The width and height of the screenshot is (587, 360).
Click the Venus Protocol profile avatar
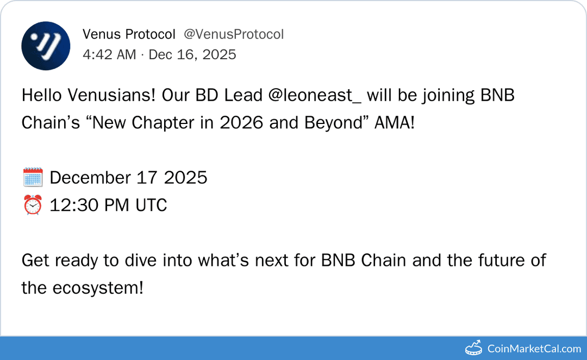[46, 46]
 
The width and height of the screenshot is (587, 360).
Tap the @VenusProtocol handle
[234, 35]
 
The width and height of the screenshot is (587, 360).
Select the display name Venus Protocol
[129, 35]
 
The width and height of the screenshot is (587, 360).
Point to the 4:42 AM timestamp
[109, 54]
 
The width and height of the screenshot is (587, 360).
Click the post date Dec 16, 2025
[192, 54]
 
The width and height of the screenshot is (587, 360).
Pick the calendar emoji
[33, 178]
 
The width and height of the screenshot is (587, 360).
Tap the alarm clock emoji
[33, 206]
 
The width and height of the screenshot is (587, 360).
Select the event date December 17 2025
[128, 178]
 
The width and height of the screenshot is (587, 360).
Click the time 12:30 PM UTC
[108, 206]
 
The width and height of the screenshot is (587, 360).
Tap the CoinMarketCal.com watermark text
[534, 349]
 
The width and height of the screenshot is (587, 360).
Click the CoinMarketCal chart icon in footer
[474, 348]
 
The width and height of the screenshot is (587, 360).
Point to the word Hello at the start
[42, 96]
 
